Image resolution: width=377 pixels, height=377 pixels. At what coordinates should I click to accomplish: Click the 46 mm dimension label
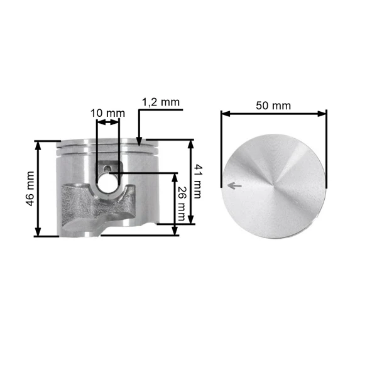[30, 188]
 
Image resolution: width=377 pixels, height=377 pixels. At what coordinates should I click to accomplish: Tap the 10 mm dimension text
[107, 113]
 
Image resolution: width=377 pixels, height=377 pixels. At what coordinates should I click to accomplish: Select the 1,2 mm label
[161, 102]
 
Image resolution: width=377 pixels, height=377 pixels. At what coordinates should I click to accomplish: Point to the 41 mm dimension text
[198, 182]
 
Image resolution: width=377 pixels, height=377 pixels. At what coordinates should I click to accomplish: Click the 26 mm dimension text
[182, 204]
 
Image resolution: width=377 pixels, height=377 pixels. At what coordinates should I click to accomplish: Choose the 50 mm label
[273, 106]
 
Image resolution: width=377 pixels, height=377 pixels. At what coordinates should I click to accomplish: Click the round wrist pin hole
[107, 184]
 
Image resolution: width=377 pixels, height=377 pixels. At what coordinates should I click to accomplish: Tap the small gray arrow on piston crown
[234, 185]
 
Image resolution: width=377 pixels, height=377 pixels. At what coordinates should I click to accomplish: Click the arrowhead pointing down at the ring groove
[139, 141]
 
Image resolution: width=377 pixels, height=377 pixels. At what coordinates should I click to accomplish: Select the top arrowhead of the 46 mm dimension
[38, 146]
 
